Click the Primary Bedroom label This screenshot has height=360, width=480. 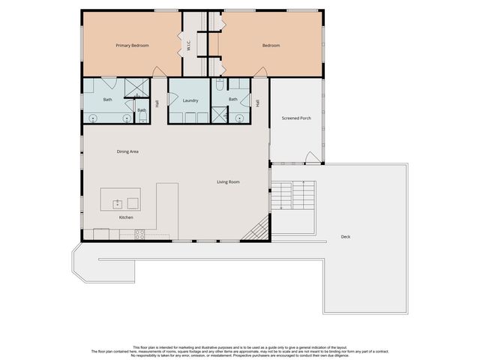pyautogui.click(x=132, y=46)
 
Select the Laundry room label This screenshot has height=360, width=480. pyautogui.click(x=190, y=100)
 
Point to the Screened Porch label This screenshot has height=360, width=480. pyautogui.click(x=295, y=118)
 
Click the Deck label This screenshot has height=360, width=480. pyautogui.click(x=345, y=236)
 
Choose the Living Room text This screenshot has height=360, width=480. pyautogui.click(x=228, y=181)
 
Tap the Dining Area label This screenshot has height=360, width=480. pyautogui.click(x=127, y=151)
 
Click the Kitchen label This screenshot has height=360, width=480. pyautogui.click(x=126, y=217)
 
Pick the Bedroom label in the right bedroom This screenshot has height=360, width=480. pyautogui.click(x=271, y=46)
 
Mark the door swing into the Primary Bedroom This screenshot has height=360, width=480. pyautogui.click(x=158, y=72)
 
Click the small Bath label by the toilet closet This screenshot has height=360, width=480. pyautogui.click(x=142, y=111)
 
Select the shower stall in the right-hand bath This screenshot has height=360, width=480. pyautogui.click(x=219, y=114)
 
